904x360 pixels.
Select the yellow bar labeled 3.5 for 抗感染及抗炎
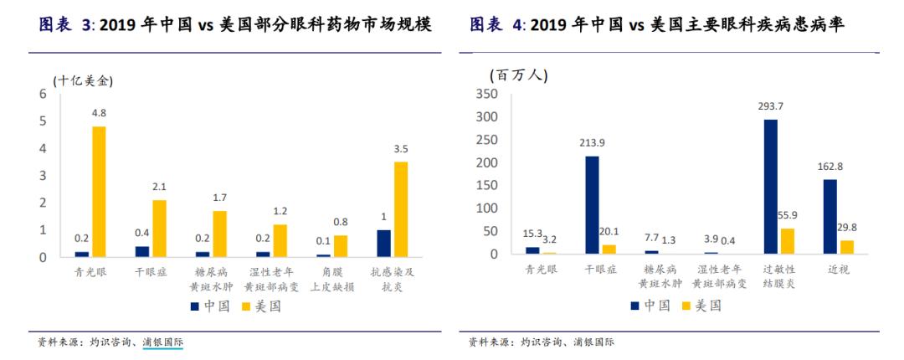point(400,208)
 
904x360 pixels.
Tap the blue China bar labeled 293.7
point(770,186)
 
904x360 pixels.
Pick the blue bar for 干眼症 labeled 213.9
point(591,204)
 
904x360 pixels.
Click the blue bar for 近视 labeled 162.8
point(830,216)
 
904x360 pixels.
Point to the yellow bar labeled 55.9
point(787,240)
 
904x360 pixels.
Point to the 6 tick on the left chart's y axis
point(43,94)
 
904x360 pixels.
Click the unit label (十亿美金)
point(82,80)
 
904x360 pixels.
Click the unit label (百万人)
point(518,75)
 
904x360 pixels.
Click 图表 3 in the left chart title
point(66,25)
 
